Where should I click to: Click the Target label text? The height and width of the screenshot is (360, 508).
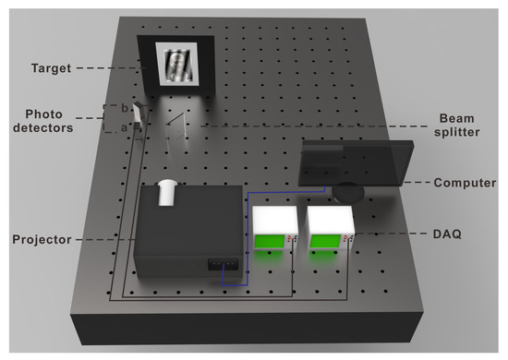pos(51,68)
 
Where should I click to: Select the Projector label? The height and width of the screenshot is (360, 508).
pos(42,240)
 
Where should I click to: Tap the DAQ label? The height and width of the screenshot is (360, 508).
pos(447,234)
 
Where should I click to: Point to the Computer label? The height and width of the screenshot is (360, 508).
pos(465,183)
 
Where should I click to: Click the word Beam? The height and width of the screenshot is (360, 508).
pos(456,118)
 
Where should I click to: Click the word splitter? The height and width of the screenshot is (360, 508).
pos(457,132)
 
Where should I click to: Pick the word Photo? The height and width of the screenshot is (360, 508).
pos(43,114)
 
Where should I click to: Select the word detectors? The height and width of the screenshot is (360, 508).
pos(42,128)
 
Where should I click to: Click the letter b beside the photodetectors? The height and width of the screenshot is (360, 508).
pos(125,108)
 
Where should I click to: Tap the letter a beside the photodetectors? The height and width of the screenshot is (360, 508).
pos(124,128)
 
